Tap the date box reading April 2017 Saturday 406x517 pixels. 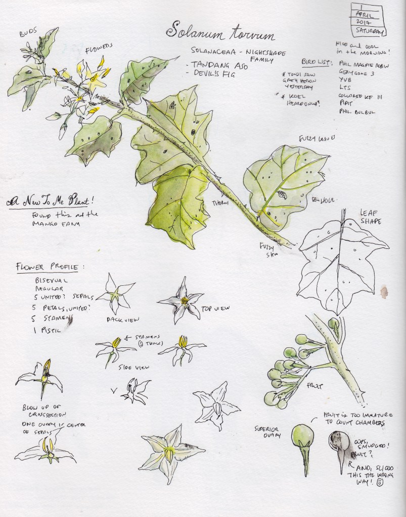pyautogui.click(x=367, y=20)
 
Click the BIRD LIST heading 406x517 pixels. pyautogui.click(x=317, y=62)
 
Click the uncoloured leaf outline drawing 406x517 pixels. pyautogui.click(x=339, y=263)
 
